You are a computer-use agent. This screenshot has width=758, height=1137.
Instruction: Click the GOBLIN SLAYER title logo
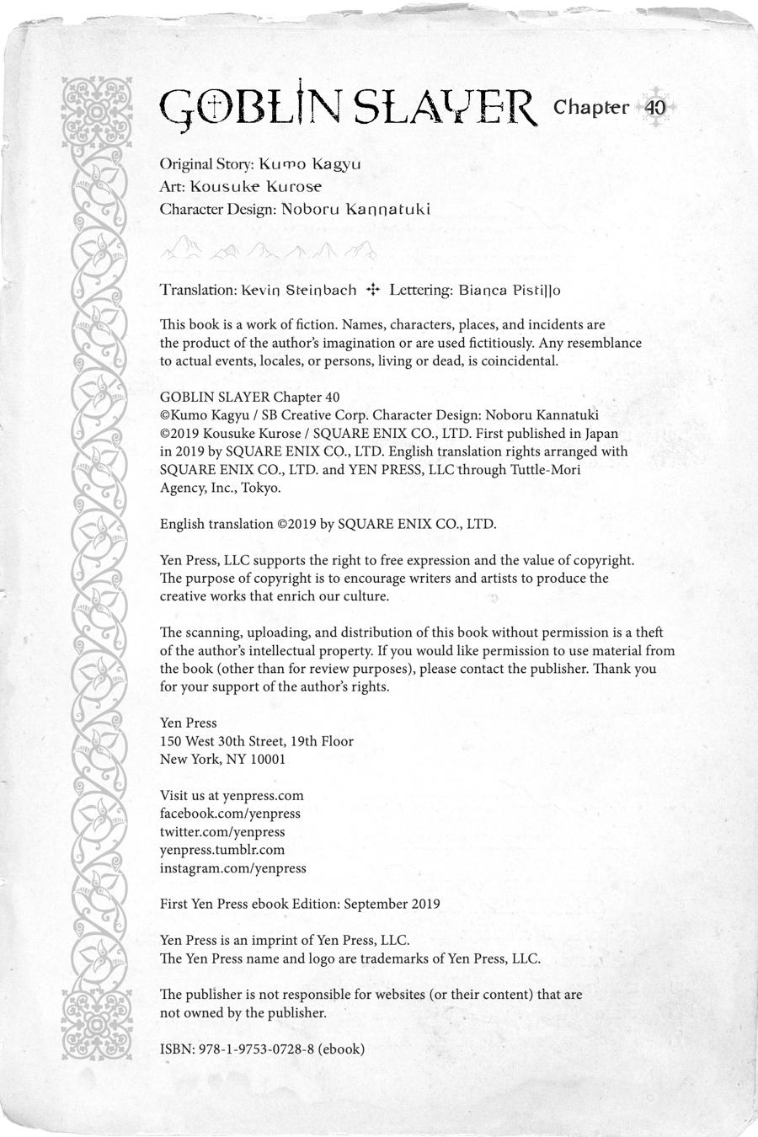347,108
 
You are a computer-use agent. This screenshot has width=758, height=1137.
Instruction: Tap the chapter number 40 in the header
655,108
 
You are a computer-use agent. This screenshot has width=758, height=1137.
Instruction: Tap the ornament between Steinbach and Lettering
373,290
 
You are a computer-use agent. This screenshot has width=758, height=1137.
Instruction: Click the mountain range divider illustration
269,248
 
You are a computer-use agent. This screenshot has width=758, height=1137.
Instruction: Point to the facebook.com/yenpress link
230,814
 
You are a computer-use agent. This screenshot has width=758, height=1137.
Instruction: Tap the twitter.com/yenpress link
222,831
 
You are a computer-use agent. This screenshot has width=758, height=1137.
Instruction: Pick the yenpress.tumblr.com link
222,850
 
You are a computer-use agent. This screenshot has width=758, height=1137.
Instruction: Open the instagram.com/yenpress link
233,867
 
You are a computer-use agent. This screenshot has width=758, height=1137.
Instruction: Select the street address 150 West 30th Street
222,741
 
